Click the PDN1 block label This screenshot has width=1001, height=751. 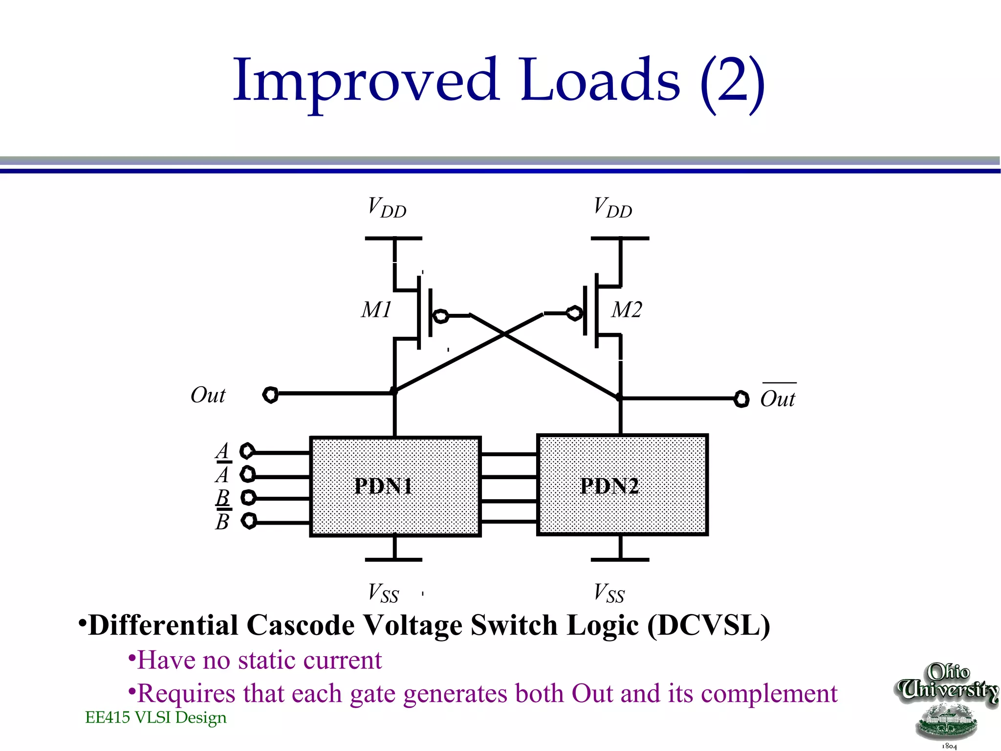(x=384, y=486)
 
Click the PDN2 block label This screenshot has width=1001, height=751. (x=609, y=486)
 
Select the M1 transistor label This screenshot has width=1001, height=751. (x=376, y=309)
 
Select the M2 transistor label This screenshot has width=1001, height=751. (x=627, y=309)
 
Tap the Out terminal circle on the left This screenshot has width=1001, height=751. (x=270, y=395)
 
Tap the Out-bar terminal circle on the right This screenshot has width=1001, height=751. (x=741, y=399)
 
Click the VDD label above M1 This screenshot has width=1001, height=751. (x=387, y=207)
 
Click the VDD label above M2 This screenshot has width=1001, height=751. (x=613, y=207)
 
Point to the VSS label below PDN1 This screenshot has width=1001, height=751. (x=383, y=593)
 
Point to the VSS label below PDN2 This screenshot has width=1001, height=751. (x=609, y=593)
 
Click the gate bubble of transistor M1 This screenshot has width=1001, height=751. (x=441, y=316)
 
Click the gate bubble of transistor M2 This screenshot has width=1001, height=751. (x=575, y=313)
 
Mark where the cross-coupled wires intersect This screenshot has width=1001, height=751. (x=504, y=334)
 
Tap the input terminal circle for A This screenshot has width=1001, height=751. (x=247, y=451)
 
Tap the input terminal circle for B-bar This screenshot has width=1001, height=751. (x=249, y=521)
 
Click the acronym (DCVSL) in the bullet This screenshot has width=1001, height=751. (x=709, y=625)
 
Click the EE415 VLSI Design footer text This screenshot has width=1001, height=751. (x=156, y=717)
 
